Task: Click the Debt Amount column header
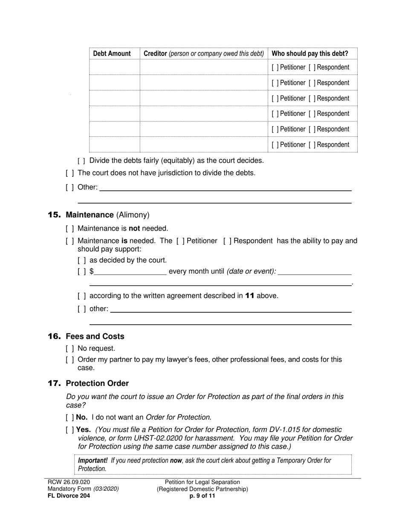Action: (x=112, y=54)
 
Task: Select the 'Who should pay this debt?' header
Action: (x=310, y=54)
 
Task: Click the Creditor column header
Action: (x=204, y=54)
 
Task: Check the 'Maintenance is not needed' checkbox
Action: (x=70, y=228)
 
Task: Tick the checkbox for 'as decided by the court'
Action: (x=82, y=260)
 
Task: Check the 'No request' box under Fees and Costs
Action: (x=70, y=348)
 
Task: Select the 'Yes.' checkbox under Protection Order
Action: (x=70, y=430)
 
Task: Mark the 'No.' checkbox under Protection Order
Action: (x=70, y=417)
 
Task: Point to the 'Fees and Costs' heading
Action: (x=95, y=337)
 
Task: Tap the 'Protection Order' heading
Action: (x=97, y=383)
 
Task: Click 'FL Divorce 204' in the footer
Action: (x=69, y=496)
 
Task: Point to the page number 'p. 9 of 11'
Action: (x=202, y=496)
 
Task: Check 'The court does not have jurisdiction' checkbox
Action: (x=70, y=173)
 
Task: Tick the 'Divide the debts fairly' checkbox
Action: (x=82, y=161)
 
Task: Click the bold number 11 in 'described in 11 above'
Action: (x=250, y=296)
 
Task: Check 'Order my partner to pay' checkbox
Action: (x=70, y=360)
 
